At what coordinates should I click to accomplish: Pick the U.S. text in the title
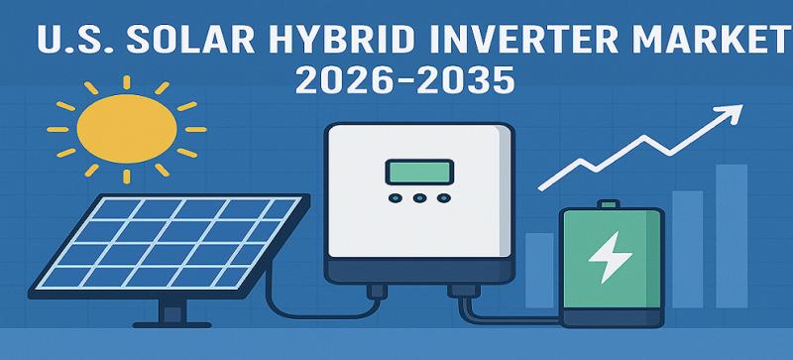63,43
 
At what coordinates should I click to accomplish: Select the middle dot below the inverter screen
417,198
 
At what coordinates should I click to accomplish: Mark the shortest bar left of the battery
539,270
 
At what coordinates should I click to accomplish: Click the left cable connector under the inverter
378,292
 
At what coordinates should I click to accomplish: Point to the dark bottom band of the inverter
418,269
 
